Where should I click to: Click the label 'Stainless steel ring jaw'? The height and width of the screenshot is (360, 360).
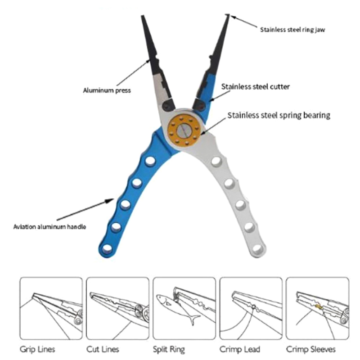tap(292, 30)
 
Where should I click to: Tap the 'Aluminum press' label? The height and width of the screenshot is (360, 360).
tap(107, 90)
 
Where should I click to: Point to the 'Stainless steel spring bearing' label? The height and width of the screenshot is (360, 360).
tap(279, 115)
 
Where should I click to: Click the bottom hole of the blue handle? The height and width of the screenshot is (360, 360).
tap(108, 248)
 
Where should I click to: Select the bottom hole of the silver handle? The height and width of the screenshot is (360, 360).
tap(257, 248)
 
